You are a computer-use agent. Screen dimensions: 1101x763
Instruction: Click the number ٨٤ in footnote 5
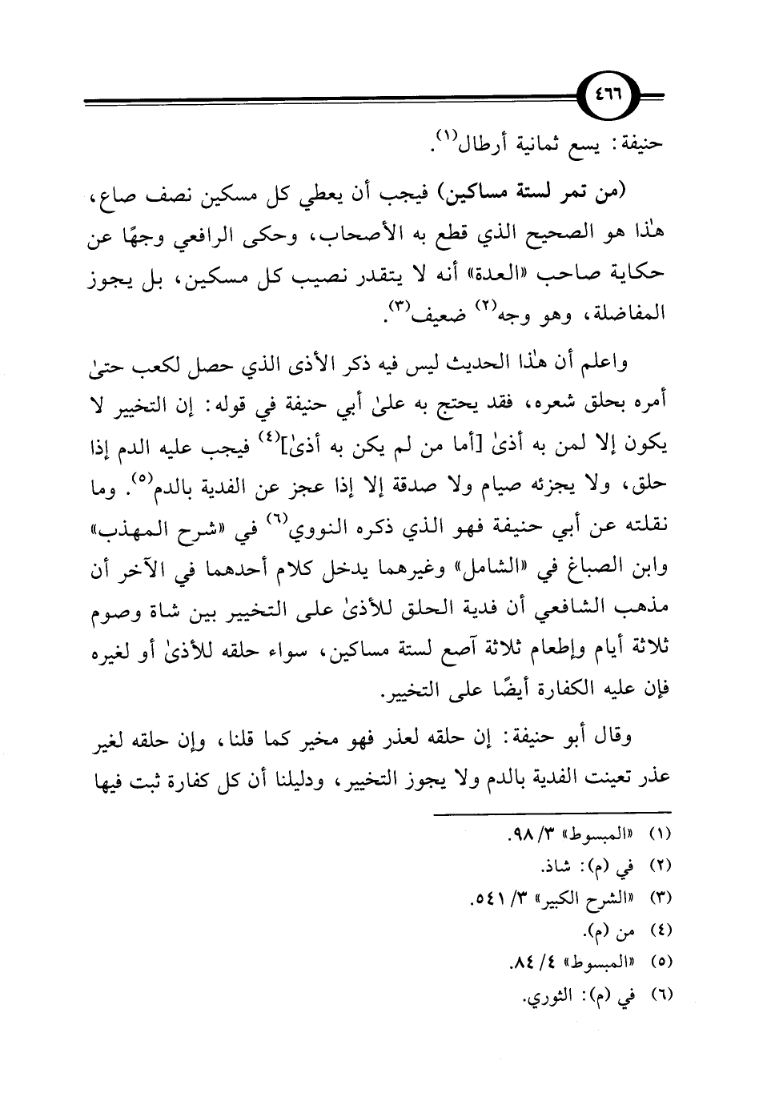click(521, 966)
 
